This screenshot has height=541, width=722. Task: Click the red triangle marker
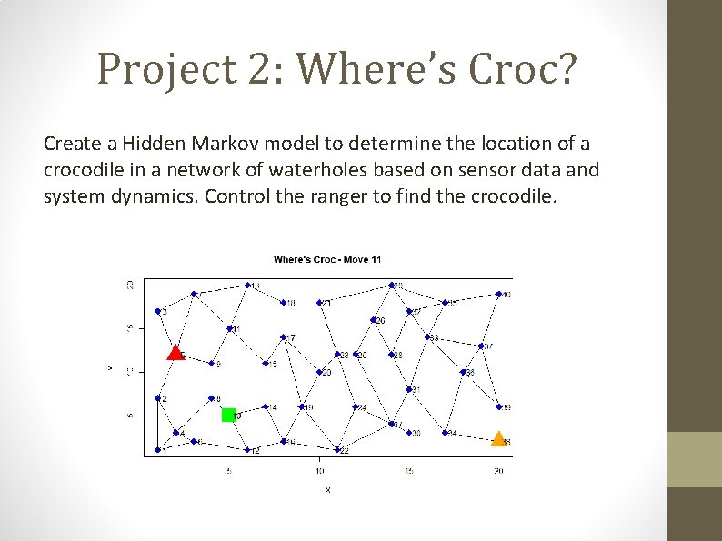click(175, 353)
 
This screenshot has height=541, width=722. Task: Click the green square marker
click(229, 415)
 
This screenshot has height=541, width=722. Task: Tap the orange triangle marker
click(498, 439)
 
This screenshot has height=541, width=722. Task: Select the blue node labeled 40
click(498, 294)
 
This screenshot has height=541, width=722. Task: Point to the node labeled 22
click(337, 449)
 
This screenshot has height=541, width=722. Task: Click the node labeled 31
click(409, 389)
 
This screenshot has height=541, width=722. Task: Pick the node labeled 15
click(266, 364)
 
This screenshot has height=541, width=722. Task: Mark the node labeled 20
click(319, 372)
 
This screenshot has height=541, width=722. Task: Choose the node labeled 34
click(445, 432)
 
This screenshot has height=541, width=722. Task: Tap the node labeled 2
click(158, 398)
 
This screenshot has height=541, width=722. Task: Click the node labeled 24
click(356, 406)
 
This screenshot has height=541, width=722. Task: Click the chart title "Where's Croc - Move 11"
click(328, 260)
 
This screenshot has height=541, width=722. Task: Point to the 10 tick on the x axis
click(319, 471)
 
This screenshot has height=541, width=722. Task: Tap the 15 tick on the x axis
click(408, 471)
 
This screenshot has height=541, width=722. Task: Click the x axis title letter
click(327, 489)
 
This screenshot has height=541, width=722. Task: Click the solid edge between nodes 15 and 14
click(266, 386)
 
